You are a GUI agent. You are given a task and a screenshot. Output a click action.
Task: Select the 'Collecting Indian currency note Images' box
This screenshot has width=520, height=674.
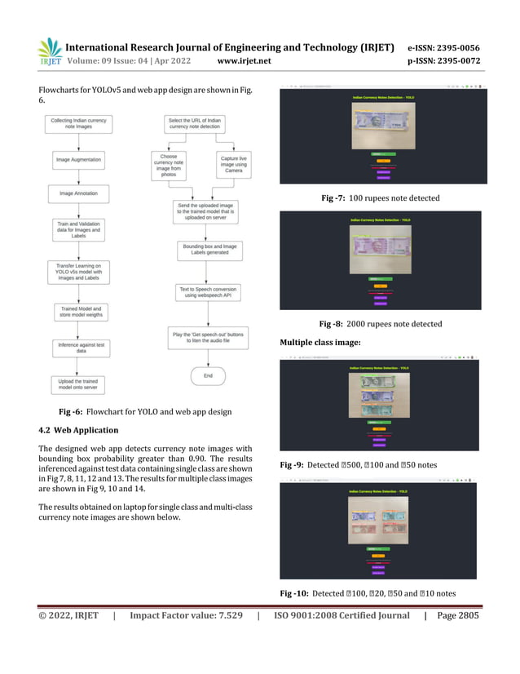pyautogui.click(x=78, y=125)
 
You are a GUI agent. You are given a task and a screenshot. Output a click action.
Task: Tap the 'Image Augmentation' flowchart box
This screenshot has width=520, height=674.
pyautogui.click(x=78, y=160)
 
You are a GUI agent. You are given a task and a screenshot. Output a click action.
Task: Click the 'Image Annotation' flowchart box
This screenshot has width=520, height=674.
pyautogui.click(x=78, y=193)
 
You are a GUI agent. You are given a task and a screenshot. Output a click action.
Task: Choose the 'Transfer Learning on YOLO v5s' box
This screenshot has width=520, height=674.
pyautogui.click(x=78, y=271)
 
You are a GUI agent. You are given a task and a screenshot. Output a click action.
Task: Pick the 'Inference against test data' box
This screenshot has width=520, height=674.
pyautogui.click(x=78, y=347)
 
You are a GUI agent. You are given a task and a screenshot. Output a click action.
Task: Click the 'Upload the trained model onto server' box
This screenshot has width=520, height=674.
pyautogui.click(x=78, y=385)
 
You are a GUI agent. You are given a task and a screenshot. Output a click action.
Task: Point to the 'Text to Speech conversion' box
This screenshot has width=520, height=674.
pyautogui.click(x=205, y=292)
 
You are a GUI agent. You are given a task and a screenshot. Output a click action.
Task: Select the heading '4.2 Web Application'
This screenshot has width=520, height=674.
pyautogui.click(x=78, y=430)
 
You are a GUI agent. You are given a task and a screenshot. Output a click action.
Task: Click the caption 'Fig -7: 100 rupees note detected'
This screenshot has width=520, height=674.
pyautogui.click(x=381, y=198)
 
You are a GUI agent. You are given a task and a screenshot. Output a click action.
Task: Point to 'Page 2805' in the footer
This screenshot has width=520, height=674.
pyautogui.click(x=459, y=639)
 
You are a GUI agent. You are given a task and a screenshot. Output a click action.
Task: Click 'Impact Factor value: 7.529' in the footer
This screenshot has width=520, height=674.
pyautogui.click(x=187, y=639)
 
